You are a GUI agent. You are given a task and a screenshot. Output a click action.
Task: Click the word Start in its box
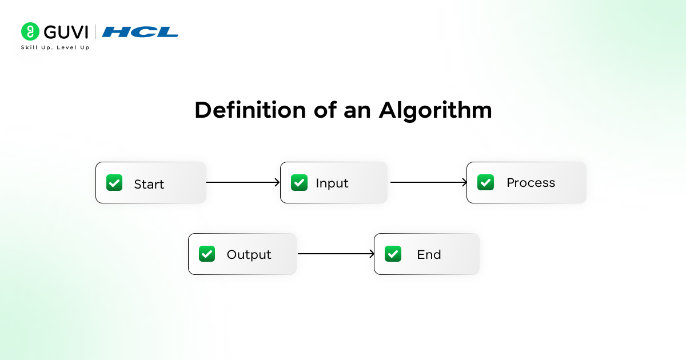(149, 184)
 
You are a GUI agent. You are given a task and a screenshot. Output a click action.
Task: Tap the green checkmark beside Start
(114, 183)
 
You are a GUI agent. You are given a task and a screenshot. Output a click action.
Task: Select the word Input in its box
(332, 183)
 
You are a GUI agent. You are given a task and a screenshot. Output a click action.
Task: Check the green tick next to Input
(299, 182)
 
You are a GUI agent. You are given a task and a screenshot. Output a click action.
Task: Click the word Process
(531, 183)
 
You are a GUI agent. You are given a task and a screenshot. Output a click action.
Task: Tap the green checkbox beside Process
(485, 182)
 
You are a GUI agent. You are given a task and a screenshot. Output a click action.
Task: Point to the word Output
(249, 254)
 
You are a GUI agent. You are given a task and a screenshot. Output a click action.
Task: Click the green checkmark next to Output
(206, 254)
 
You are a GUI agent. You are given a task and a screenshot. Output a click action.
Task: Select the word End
(429, 254)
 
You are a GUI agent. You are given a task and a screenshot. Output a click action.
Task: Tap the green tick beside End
(393, 254)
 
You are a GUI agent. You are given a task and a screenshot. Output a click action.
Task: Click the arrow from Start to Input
(242, 182)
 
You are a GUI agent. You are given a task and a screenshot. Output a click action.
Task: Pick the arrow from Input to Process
(428, 182)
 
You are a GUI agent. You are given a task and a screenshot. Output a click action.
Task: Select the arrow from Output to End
(336, 254)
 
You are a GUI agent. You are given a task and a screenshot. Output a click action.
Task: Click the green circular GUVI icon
(30, 31)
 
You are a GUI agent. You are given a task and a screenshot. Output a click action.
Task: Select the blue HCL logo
(140, 32)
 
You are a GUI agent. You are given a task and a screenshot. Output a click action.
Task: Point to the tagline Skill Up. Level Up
(55, 47)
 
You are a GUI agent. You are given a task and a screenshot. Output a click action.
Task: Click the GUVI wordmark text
(65, 31)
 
